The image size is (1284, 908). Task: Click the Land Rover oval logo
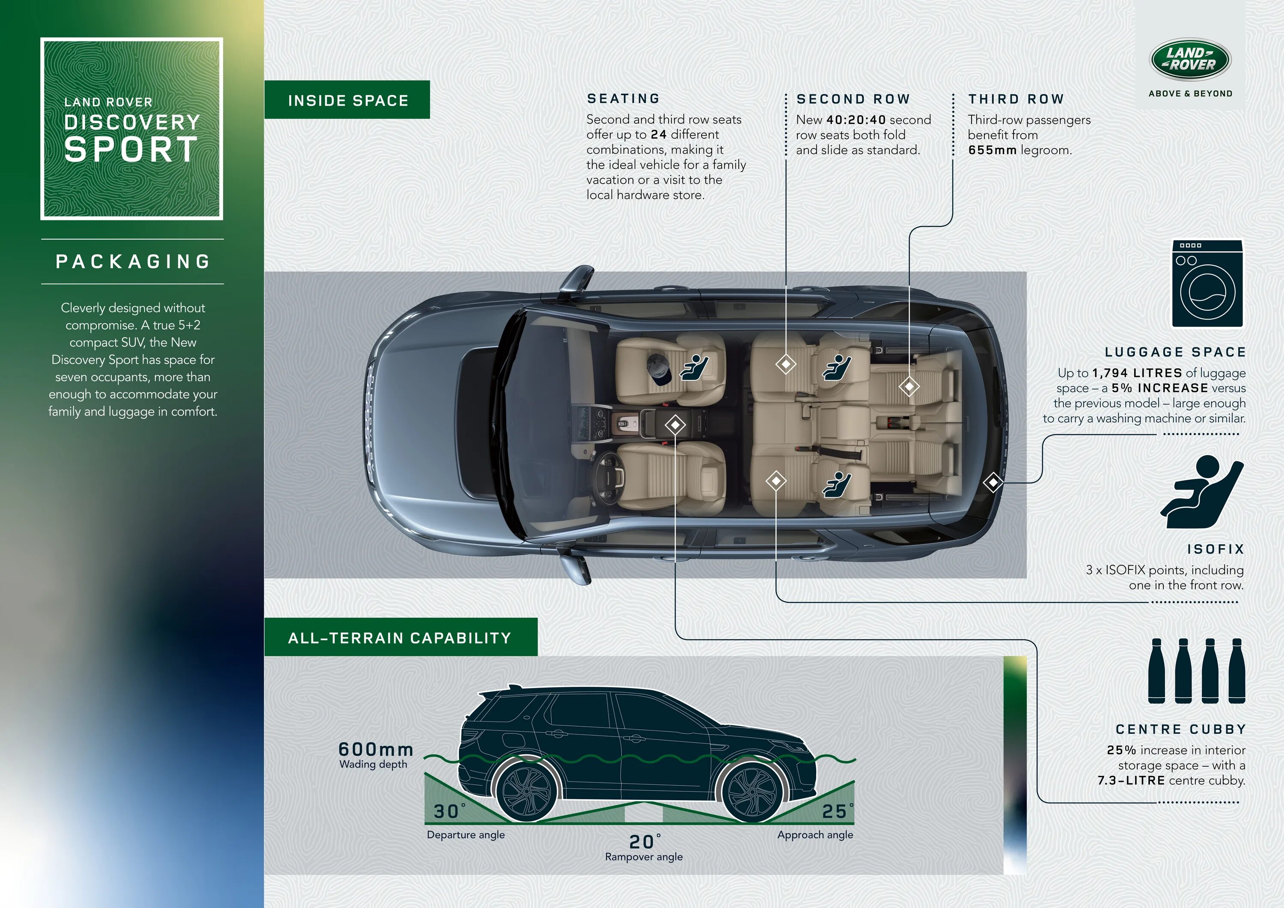tap(1190, 59)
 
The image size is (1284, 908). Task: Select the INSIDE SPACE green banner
tap(347, 100)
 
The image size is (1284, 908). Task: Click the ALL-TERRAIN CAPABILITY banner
tap(401, 638)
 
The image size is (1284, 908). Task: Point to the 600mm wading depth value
tap(376, 749)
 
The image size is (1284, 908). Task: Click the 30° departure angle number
tap(447, 811)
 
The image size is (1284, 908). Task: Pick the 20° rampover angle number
tap(642, 842)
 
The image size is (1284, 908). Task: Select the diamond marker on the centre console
tap(675, 425)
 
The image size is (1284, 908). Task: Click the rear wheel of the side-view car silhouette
tap(526, 790)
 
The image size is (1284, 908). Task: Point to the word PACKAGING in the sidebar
tap(133, 261)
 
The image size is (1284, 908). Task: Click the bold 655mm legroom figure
tap(992, 150)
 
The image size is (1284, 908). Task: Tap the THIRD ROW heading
tap(1016, 99)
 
